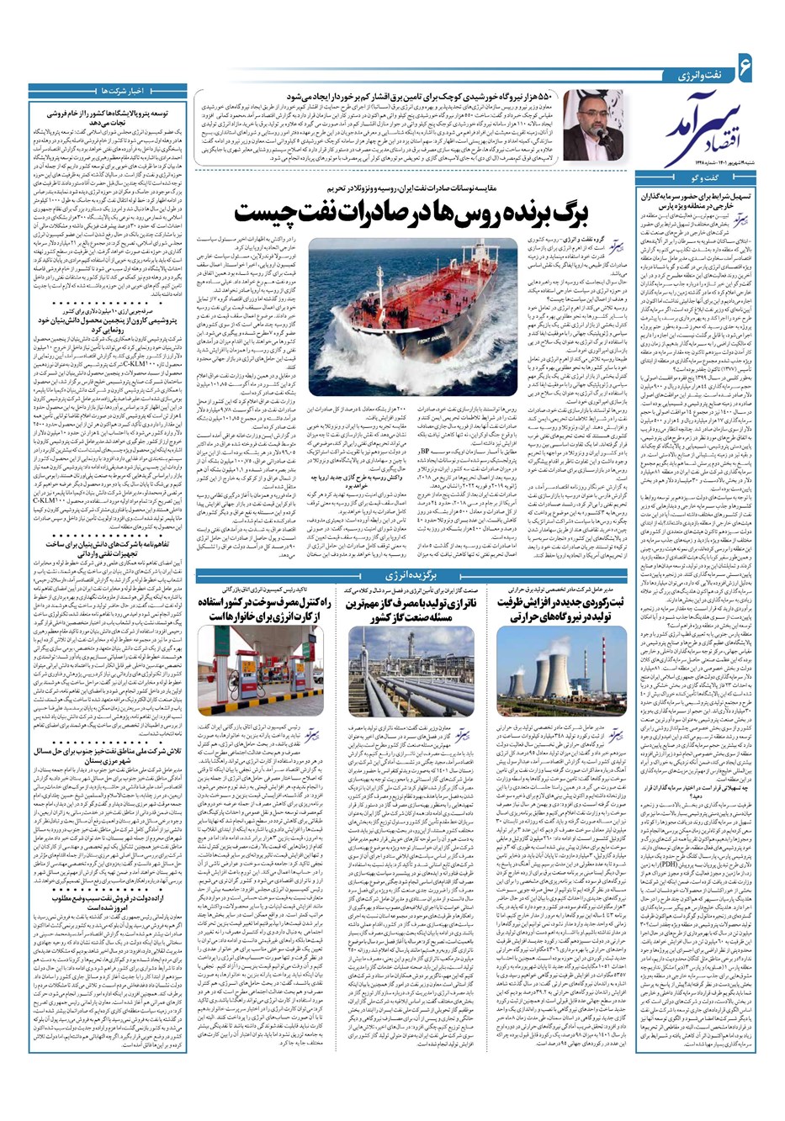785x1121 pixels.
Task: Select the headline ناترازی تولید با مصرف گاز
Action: [x=407, y=610]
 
